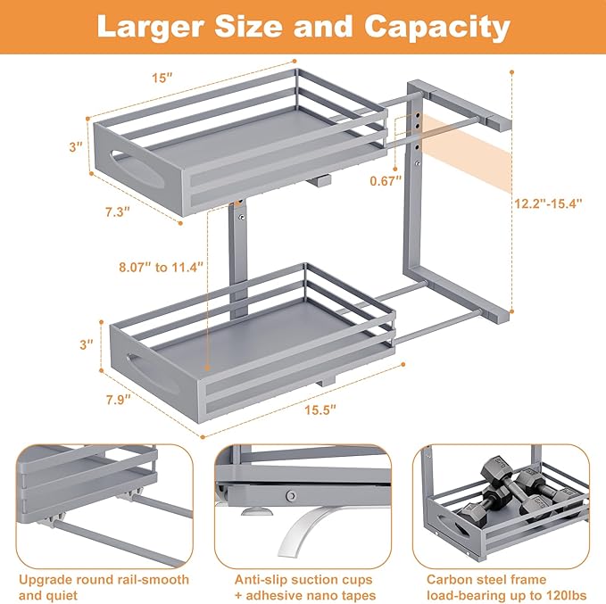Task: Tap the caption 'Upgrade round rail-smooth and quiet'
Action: coord(103,587)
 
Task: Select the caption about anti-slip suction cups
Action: coord(303,587)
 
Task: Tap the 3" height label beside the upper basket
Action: coord(76,145)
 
